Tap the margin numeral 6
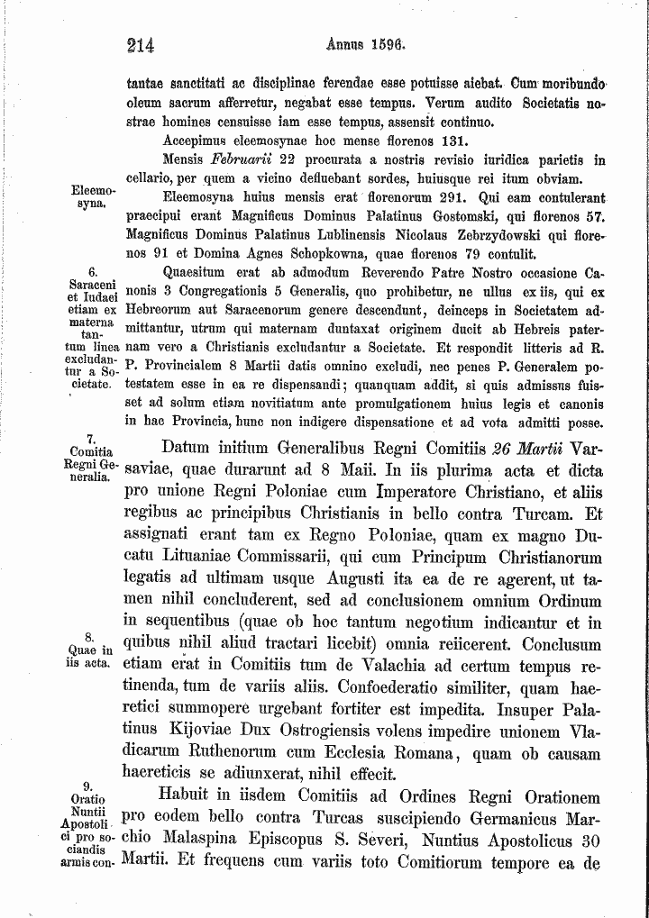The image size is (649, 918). click(93, 270)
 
